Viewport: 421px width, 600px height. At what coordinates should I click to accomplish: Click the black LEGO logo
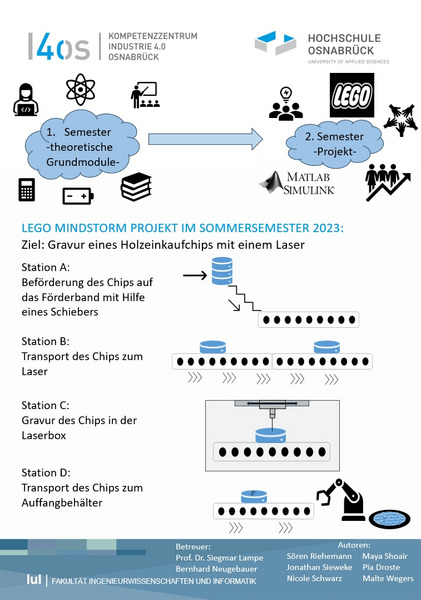point(352,95)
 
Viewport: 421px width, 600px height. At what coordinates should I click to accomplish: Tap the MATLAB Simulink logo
point(297,183)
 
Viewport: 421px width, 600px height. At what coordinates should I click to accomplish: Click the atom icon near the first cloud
point(80,90)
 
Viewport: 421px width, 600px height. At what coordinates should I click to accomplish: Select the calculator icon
point(27,189)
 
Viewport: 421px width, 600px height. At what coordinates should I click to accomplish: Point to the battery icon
point(78,196)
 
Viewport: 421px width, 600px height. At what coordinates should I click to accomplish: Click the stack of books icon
point(136,187)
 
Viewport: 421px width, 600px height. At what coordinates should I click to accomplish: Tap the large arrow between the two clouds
point(205,139)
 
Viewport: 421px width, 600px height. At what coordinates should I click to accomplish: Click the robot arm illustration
point(341,499)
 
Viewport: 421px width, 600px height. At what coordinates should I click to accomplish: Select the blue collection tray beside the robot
point(390,519)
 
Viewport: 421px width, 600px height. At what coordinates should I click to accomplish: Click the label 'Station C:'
point(46,405)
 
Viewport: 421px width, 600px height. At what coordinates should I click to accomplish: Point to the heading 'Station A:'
point(46,267)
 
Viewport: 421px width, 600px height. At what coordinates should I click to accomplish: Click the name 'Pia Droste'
point(381,567)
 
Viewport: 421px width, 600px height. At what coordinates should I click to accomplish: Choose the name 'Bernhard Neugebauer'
point(216,569)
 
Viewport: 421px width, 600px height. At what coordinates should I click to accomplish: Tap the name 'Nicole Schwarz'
point(314,578)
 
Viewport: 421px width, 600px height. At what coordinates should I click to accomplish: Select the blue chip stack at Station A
point(222,271)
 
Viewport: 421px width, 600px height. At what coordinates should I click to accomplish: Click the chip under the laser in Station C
point(271,435)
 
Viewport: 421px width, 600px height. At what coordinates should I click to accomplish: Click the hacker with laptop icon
point(26,99)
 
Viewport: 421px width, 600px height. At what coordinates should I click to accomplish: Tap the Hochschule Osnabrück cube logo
point(276,43)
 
